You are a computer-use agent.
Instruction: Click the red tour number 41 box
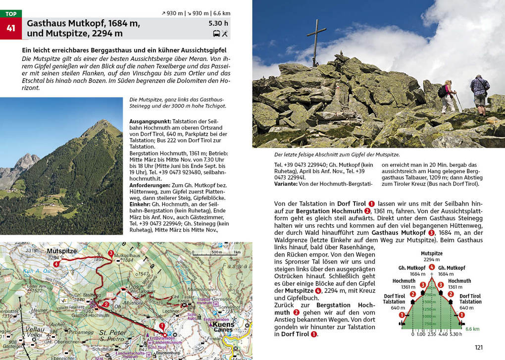pyautogui.click(x=11, y=29)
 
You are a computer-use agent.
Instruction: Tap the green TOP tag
pyautogui.click(x=11, y=14)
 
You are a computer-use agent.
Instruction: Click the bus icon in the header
pyautogui.click(x=216, y=34)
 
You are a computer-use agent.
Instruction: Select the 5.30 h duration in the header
pyautogui.click(x=218, y=23)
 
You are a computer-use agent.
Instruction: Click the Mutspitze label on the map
pyautogui.click(x=62, y=251)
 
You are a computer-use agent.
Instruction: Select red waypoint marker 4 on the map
pyautogui.click(x=56, y=264)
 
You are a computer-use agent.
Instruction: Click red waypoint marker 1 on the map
pyautogui.click(x=162, y=326)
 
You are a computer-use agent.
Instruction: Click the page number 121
pyautogui.click(x=478, y=348)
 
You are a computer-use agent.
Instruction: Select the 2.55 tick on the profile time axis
pyautogui.click(x=432, y=334)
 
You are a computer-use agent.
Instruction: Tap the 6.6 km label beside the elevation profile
pyautogui.click(x=472, y=328)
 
